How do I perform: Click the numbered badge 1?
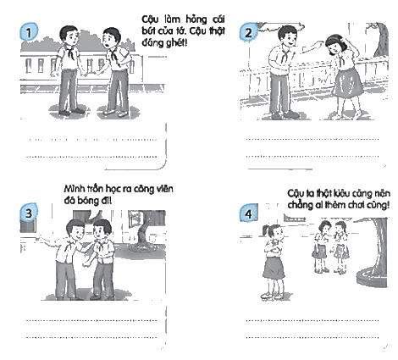pyautogui.click(x=29, y=32)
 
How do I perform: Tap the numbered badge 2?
pyautogui.click(x=248, y=32)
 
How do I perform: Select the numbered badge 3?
pyautogui.click(x=29, y=213)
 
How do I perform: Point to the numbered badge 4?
pyautogui.click(x=248, y=213)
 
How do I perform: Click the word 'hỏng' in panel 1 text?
pyautogui.click(x=196, y=19)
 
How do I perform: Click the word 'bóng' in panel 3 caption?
pyautogui.click(x=86, y=201)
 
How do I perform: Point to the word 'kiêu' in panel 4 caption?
pyautogui.click(x=342, y=193)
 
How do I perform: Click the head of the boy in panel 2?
pyautogui.click(x=288, y=36)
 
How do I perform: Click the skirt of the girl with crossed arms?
pyautogui.click(x=274, y=268)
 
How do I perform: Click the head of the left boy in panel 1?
pyautogui.click(x=69, y=36)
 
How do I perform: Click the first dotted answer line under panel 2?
pyautogui.click(x=312, y=139)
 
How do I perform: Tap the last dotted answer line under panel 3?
pyautogui.click(x=91, y=337)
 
